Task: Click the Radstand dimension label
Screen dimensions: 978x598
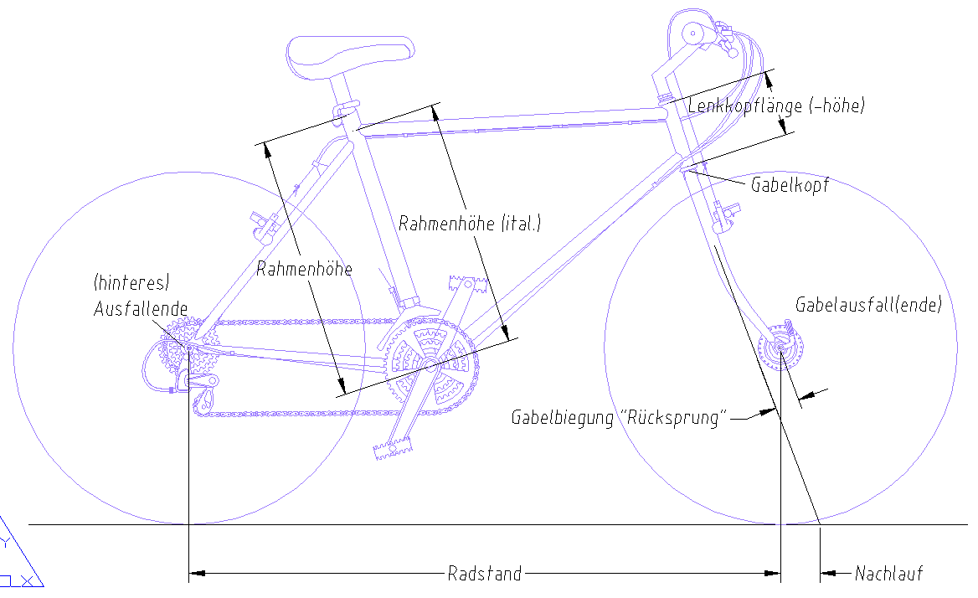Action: click(x=485, y=573)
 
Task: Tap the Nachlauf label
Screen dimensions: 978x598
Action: click(x=888, y=573)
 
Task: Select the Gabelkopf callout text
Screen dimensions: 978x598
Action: click(x=790, y=184)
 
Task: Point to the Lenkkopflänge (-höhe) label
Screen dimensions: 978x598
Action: click(x=776, y=106)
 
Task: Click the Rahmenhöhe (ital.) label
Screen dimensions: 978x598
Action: click(x=470, y=224)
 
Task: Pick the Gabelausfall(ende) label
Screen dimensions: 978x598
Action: click(x=868, y=304)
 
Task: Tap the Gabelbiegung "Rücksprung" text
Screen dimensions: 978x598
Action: click(x=620, y=417)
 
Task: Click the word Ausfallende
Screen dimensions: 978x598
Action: click(x=141, y=309)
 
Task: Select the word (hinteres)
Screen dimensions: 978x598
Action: click(x=131, y=282)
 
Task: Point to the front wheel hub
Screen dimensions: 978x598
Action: click(x=780, y=348)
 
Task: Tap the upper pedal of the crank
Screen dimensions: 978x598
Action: click(x=467, y=285)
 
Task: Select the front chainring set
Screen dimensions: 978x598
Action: click(x=431, y=363)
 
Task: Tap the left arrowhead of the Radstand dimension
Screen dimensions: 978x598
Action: click(x=197, y=573)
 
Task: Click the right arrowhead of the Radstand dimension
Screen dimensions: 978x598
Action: click(x=772, y=573)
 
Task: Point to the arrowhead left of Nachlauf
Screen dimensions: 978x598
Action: click(x=828, y=573)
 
